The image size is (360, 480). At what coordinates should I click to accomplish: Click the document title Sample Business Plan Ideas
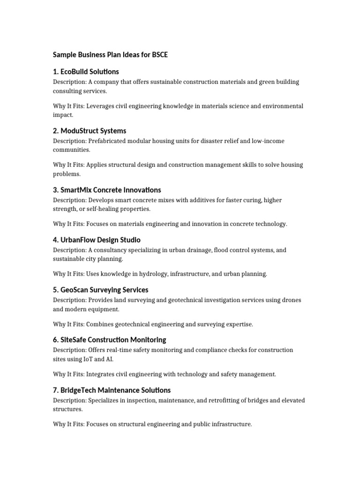110,55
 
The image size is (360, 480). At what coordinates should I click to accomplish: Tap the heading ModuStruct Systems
90,131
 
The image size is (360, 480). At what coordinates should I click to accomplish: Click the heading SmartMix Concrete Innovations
107,190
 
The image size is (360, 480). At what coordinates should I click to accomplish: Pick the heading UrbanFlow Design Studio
97,240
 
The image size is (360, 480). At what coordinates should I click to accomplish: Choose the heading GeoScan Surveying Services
100,290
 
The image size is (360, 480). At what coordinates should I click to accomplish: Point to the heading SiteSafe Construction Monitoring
109,340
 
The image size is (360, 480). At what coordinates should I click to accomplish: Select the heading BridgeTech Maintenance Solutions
112,390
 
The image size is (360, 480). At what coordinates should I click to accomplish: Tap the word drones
292,300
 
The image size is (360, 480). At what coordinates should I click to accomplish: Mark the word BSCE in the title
159,55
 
